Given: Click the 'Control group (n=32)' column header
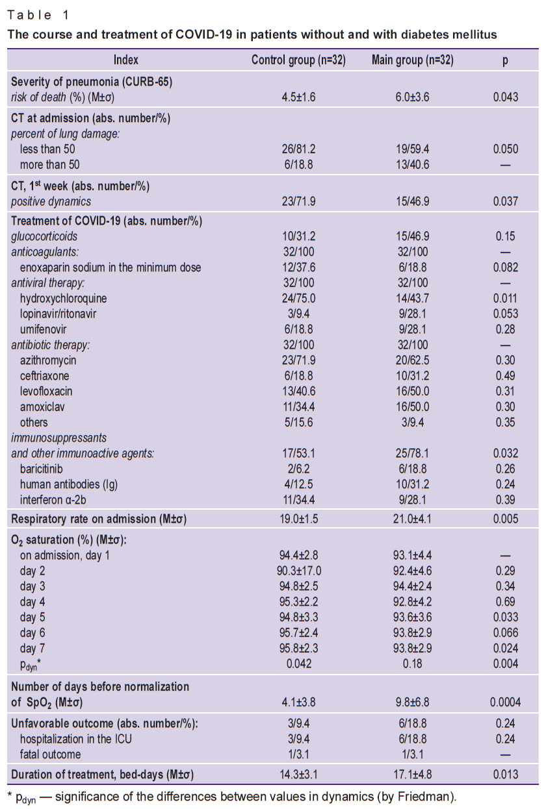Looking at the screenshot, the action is tap(298, 60).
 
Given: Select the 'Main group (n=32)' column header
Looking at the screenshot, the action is tap(413, 60).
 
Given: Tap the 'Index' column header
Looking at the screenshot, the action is tap(126, 60).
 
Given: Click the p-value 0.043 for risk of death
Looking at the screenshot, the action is tap(506, 97).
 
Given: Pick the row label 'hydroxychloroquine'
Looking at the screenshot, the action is tap(63, 299).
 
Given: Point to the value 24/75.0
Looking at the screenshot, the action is tap(298, 298).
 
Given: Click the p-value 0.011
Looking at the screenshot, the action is tap(506, 298).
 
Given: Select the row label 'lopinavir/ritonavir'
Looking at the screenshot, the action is tap(58, 314).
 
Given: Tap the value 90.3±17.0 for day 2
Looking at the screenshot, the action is tap(298, 571).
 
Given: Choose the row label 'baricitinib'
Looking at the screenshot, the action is tap(41, 469).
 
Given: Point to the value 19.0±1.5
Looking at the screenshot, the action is tap(298, 519).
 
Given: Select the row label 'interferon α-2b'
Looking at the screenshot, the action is tap(53, 500).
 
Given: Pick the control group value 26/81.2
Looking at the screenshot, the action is tap(298, 149).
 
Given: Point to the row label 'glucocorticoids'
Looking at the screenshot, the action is tap(44, 236).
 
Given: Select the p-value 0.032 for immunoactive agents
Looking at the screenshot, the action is tap(506, 453).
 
